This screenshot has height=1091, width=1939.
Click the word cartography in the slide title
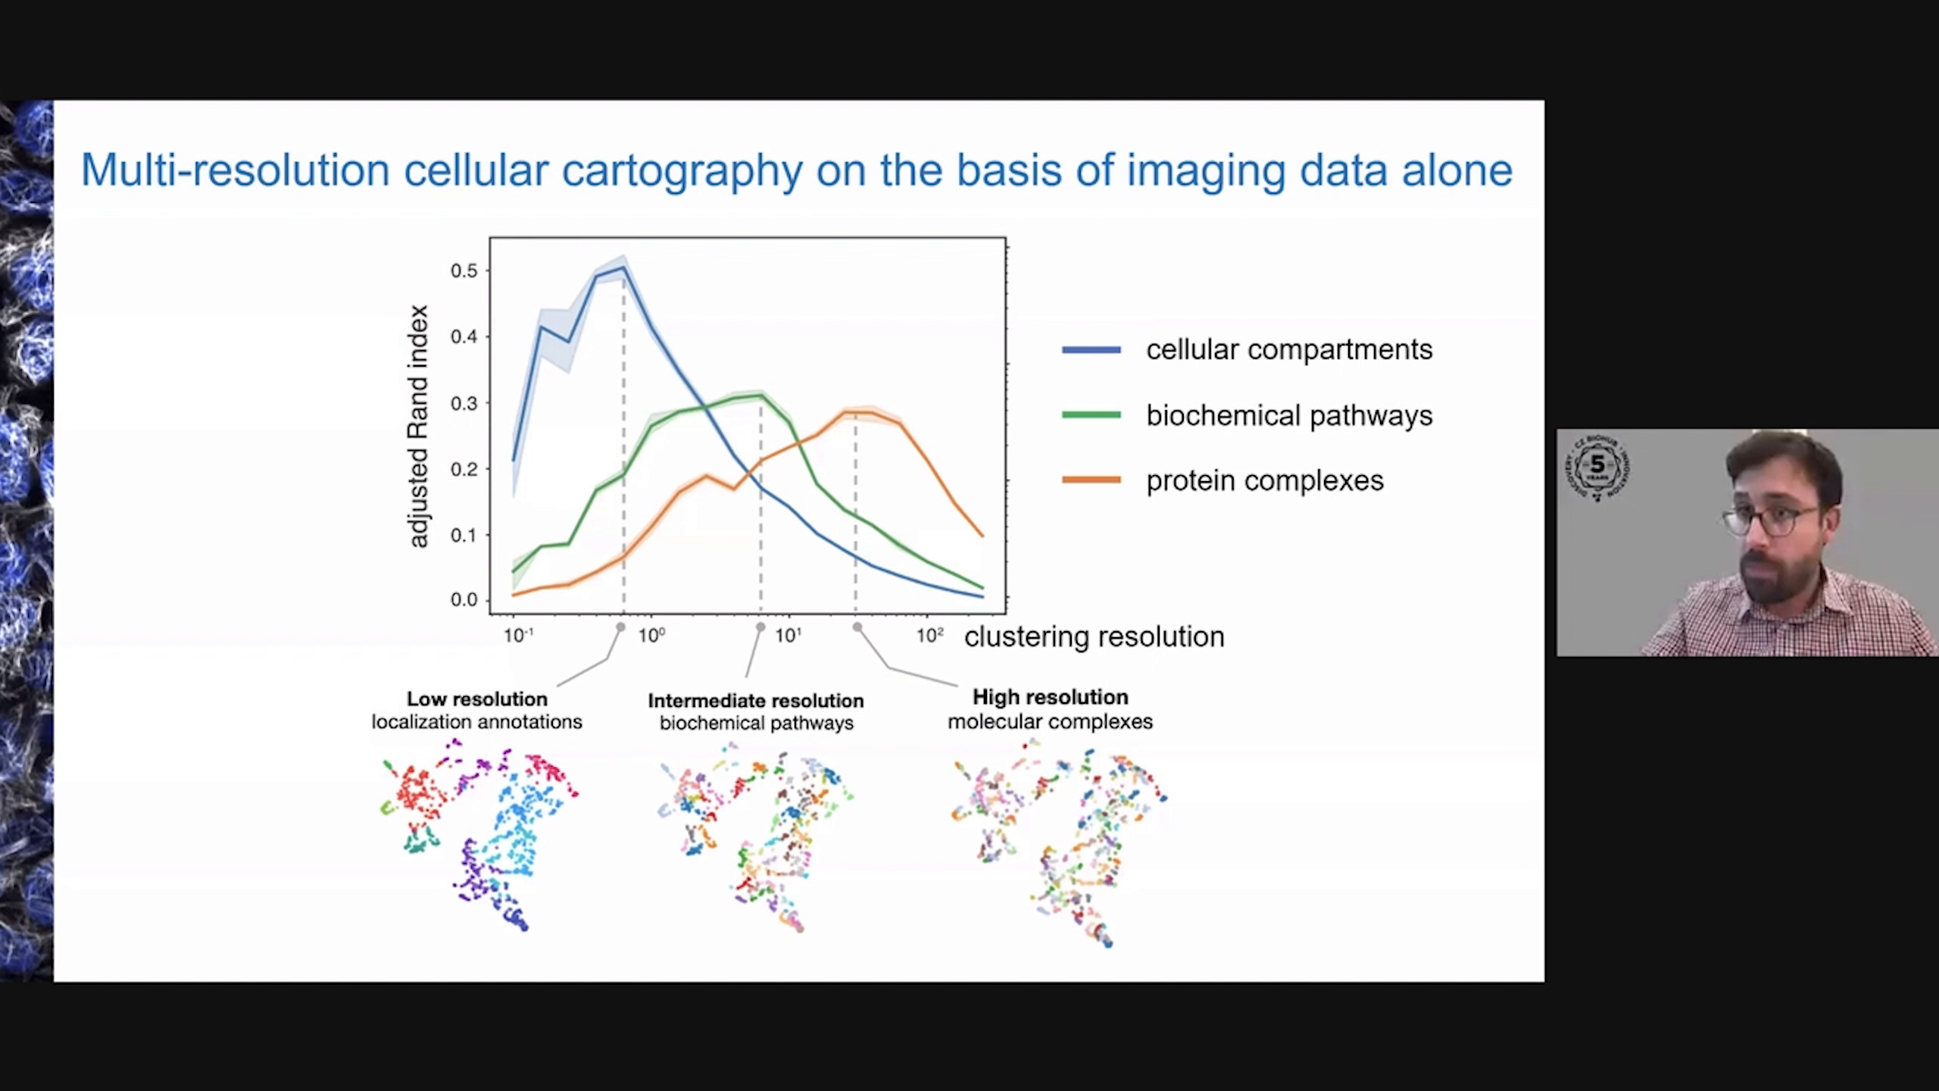click(x=682, y=170)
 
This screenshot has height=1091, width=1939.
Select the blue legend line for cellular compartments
click(x=1091, y=350)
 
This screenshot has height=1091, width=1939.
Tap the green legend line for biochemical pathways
click(x=1091, y=415)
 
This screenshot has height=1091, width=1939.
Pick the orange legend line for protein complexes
click(x=1091, y=480)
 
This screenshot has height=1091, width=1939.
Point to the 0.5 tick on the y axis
click(x=464, y=271)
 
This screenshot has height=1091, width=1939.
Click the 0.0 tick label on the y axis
click(x=464, y=600)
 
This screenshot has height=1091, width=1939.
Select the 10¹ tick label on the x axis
click(x=788, y=635)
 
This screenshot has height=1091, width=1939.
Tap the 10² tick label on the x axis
click(x=930, y=635)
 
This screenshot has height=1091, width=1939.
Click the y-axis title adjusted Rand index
click(x=419, y=426)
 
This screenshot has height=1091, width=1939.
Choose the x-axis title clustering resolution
click(x=1094, y=637)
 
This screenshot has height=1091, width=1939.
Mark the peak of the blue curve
click(x=623, y=267)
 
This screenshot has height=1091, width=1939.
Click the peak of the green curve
click(x=760, y=395)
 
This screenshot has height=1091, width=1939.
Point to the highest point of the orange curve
click(x=856, y=412)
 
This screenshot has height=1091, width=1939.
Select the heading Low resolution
click(x=477, y=699)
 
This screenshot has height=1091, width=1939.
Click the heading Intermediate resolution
click(x=756, y=701)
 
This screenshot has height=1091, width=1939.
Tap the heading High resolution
click(x=1051, y=697)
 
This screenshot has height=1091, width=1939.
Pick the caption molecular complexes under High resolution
click(x=1051, y=722)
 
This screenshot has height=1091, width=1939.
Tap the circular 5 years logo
click(x=1597, y=467)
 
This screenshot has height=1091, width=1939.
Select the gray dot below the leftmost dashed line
click(x=621, y=627)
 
